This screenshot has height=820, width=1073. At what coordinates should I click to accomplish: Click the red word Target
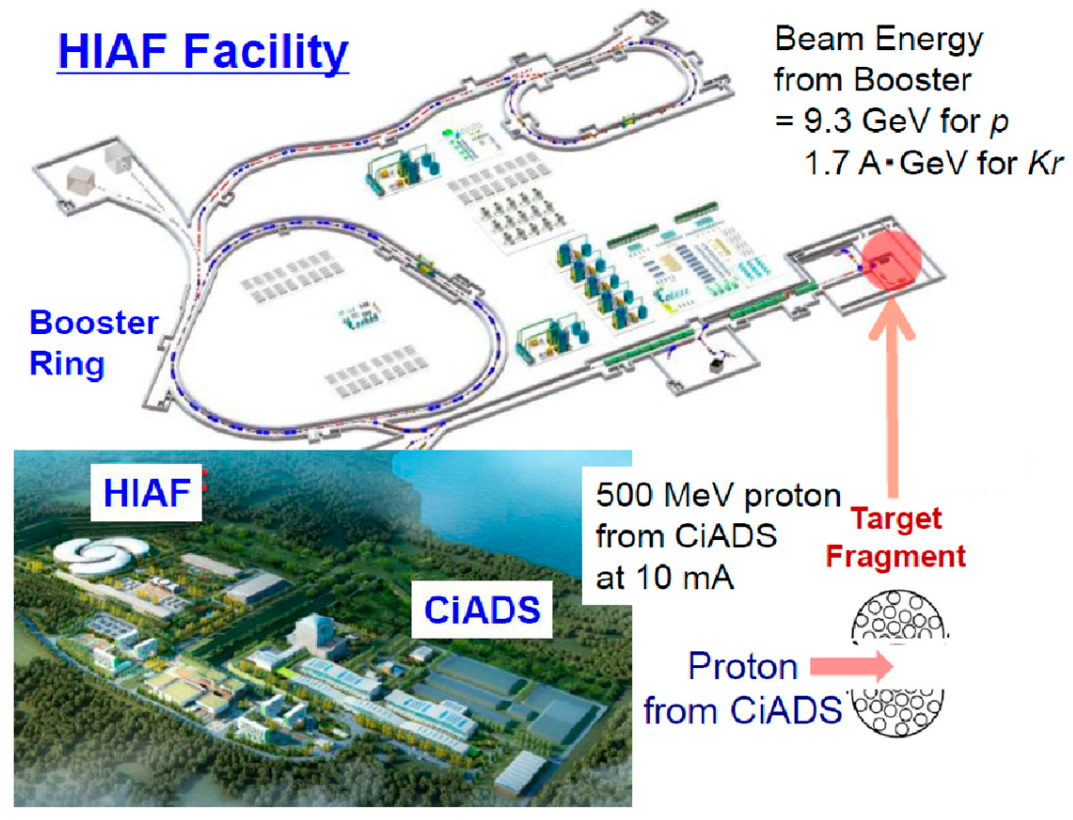[x=896, y=519]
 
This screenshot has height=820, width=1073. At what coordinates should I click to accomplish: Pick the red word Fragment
[x=895, y=556]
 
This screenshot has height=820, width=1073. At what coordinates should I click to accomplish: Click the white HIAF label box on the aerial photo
[x=146, y=492]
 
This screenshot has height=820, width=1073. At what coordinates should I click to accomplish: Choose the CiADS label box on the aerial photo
[x=482, y=609]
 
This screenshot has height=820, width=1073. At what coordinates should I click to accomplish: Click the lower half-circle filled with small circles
[x=897, y=712]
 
